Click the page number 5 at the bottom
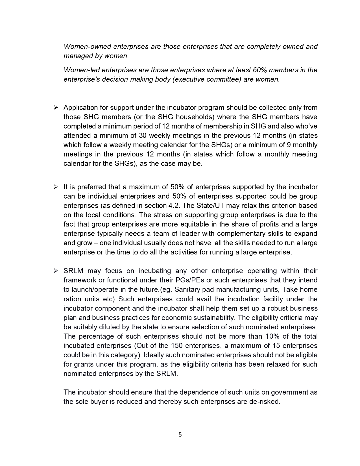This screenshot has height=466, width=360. tap(180, 435)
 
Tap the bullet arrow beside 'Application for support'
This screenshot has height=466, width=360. tap(56, 107)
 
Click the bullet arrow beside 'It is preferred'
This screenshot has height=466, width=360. tap(56, 187)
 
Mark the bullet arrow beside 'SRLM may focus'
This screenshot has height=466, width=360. tap(56, 271)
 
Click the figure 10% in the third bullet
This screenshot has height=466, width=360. tap(272, 336)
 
